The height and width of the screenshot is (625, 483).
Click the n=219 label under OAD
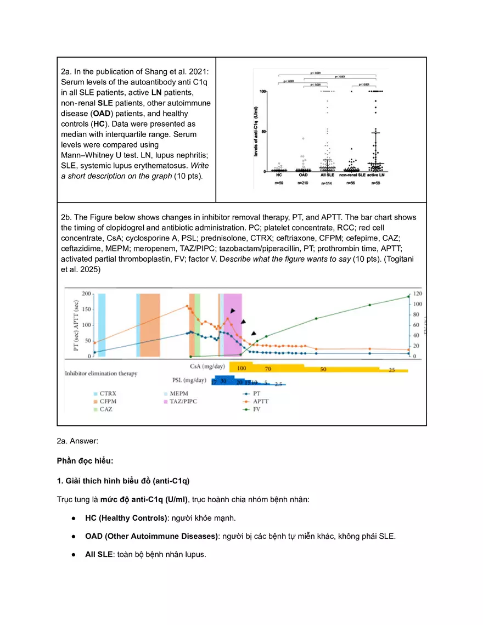pos(302,182)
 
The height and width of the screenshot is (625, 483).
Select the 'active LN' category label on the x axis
pos(375,174)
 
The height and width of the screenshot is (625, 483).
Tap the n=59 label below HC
pos(279,182)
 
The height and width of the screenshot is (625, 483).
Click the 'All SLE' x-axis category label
pos(327,174)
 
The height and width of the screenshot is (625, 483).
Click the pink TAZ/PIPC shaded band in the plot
pos(233,324)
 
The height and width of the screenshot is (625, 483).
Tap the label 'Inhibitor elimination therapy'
pos(101,373)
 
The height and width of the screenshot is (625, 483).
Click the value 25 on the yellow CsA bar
pos(391,370)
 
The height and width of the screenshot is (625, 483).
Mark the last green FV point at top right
pos(408,296)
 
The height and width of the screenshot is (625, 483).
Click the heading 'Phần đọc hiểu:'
pos(85,460)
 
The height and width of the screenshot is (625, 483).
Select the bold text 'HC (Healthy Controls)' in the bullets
pos(126,517)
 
